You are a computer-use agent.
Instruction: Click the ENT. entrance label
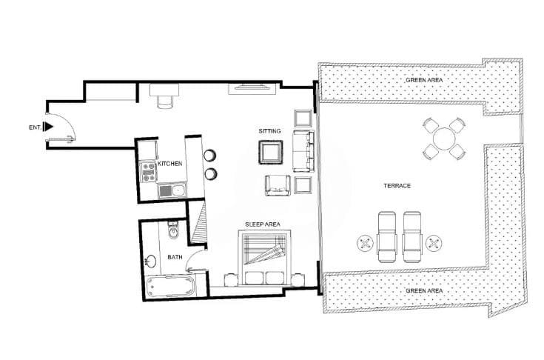pyautogui.click(x=35, y=127)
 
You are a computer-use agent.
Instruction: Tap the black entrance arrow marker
pyautogui.click(x=48, y=127)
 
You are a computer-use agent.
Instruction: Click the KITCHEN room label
pyautogui.click(x=170, y=164)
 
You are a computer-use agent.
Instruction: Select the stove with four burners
pyautogui.click(x=148, y=172)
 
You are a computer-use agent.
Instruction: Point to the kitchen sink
pyautogui.click(x=172, y=190)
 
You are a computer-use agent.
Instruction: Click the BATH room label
pyautogui.click(x=175, y=257)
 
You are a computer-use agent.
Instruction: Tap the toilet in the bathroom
pyautogui.click(x=172, y=230)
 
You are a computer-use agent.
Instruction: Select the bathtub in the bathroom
pyautogui.click(x=171, y=286)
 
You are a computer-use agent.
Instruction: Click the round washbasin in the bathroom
pyautogui.click(x=150, y=261)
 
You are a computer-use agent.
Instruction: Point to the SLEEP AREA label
pyautogui.click(x=263, y=224)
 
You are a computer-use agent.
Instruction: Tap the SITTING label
pyautogui.click(x=269, y=131)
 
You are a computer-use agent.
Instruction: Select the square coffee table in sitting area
pyautogui.click(x=271, y=152)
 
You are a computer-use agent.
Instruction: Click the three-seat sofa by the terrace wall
pyautogui.click(x=303, y=151)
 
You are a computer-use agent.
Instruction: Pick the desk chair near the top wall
pyautogui.click(x=165, y=101)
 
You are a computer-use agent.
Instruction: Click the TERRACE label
pyautogui.click(x=397, y=186)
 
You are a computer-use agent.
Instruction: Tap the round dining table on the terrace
pyautogui.click(x=444, y=139)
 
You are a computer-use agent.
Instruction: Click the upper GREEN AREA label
pyautogui.click(x=424, y=80)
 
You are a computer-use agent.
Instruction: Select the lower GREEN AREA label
pyautogui.click(x=424, y=290)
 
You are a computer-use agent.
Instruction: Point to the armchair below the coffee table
pyautogui.click(x=278, y=185)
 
